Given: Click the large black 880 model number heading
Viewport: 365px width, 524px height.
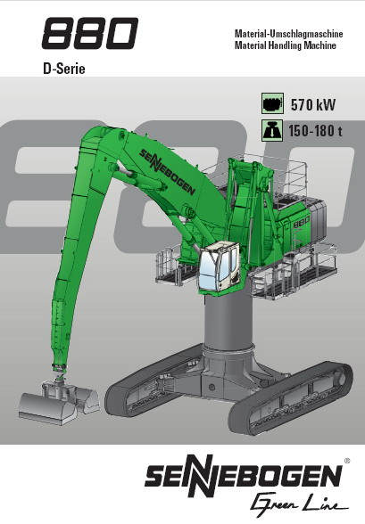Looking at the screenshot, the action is [x=89, y=33].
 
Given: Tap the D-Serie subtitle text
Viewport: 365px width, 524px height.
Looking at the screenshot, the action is [x=64, y=69].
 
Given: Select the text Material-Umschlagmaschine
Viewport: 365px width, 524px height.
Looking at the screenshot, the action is [x=289, y=34].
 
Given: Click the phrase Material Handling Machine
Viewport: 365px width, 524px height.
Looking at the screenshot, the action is [x=286, y=45].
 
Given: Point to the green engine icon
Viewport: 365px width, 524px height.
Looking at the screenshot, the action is [x=272, y=103].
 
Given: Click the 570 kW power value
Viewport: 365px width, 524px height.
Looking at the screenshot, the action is [x=313, y=105].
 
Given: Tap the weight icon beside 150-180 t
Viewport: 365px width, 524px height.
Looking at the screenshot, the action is [x=272, y=129].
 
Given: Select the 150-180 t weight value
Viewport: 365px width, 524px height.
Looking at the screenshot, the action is [x=316, y=131].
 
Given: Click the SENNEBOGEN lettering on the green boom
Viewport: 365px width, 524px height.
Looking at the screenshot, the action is [x=167, y=172].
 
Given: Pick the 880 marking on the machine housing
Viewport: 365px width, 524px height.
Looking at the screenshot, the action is [x=302, y=222].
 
